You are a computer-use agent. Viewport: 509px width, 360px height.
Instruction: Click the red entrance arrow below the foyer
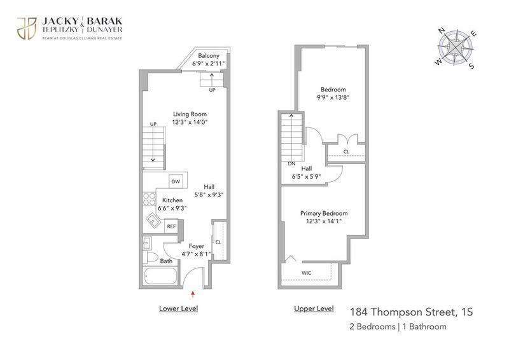coord(193,294)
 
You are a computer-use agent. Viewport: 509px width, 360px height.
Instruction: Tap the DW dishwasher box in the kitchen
coord(176,181)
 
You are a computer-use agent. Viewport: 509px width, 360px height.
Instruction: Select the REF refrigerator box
coord(171,226)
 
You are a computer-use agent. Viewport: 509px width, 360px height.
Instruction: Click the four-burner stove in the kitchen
coord(150,199)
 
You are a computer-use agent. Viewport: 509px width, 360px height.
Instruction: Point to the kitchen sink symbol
coord(153,221)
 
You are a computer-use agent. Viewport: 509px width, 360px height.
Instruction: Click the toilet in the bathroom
coord(151,258)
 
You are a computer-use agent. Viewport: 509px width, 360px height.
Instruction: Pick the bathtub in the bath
coord(160,276)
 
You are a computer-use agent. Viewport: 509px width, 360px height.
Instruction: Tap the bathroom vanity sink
coord(147,243)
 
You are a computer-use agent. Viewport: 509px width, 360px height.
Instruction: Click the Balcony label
coord(209,55)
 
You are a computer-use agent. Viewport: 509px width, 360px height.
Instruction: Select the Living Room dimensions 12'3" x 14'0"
coord(190,122)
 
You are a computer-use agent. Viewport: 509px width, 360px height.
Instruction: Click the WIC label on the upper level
coord(307,273)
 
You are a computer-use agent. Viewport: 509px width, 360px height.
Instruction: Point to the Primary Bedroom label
coord(324,213)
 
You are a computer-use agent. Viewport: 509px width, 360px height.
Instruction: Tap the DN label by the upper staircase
coord(291,163)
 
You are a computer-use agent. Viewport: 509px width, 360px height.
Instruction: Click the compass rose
coord(456,48)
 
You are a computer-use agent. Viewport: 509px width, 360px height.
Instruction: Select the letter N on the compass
coord(442,31)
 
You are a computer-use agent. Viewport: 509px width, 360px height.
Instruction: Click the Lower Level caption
coord(179,308)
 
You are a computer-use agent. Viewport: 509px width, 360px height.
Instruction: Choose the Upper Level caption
coord(314,308)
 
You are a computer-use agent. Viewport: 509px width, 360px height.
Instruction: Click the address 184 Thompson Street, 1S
coord(411,312)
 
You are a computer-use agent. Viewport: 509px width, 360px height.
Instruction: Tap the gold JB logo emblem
coord(27,29)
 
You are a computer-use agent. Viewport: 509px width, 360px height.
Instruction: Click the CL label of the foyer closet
coord(218,242)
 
